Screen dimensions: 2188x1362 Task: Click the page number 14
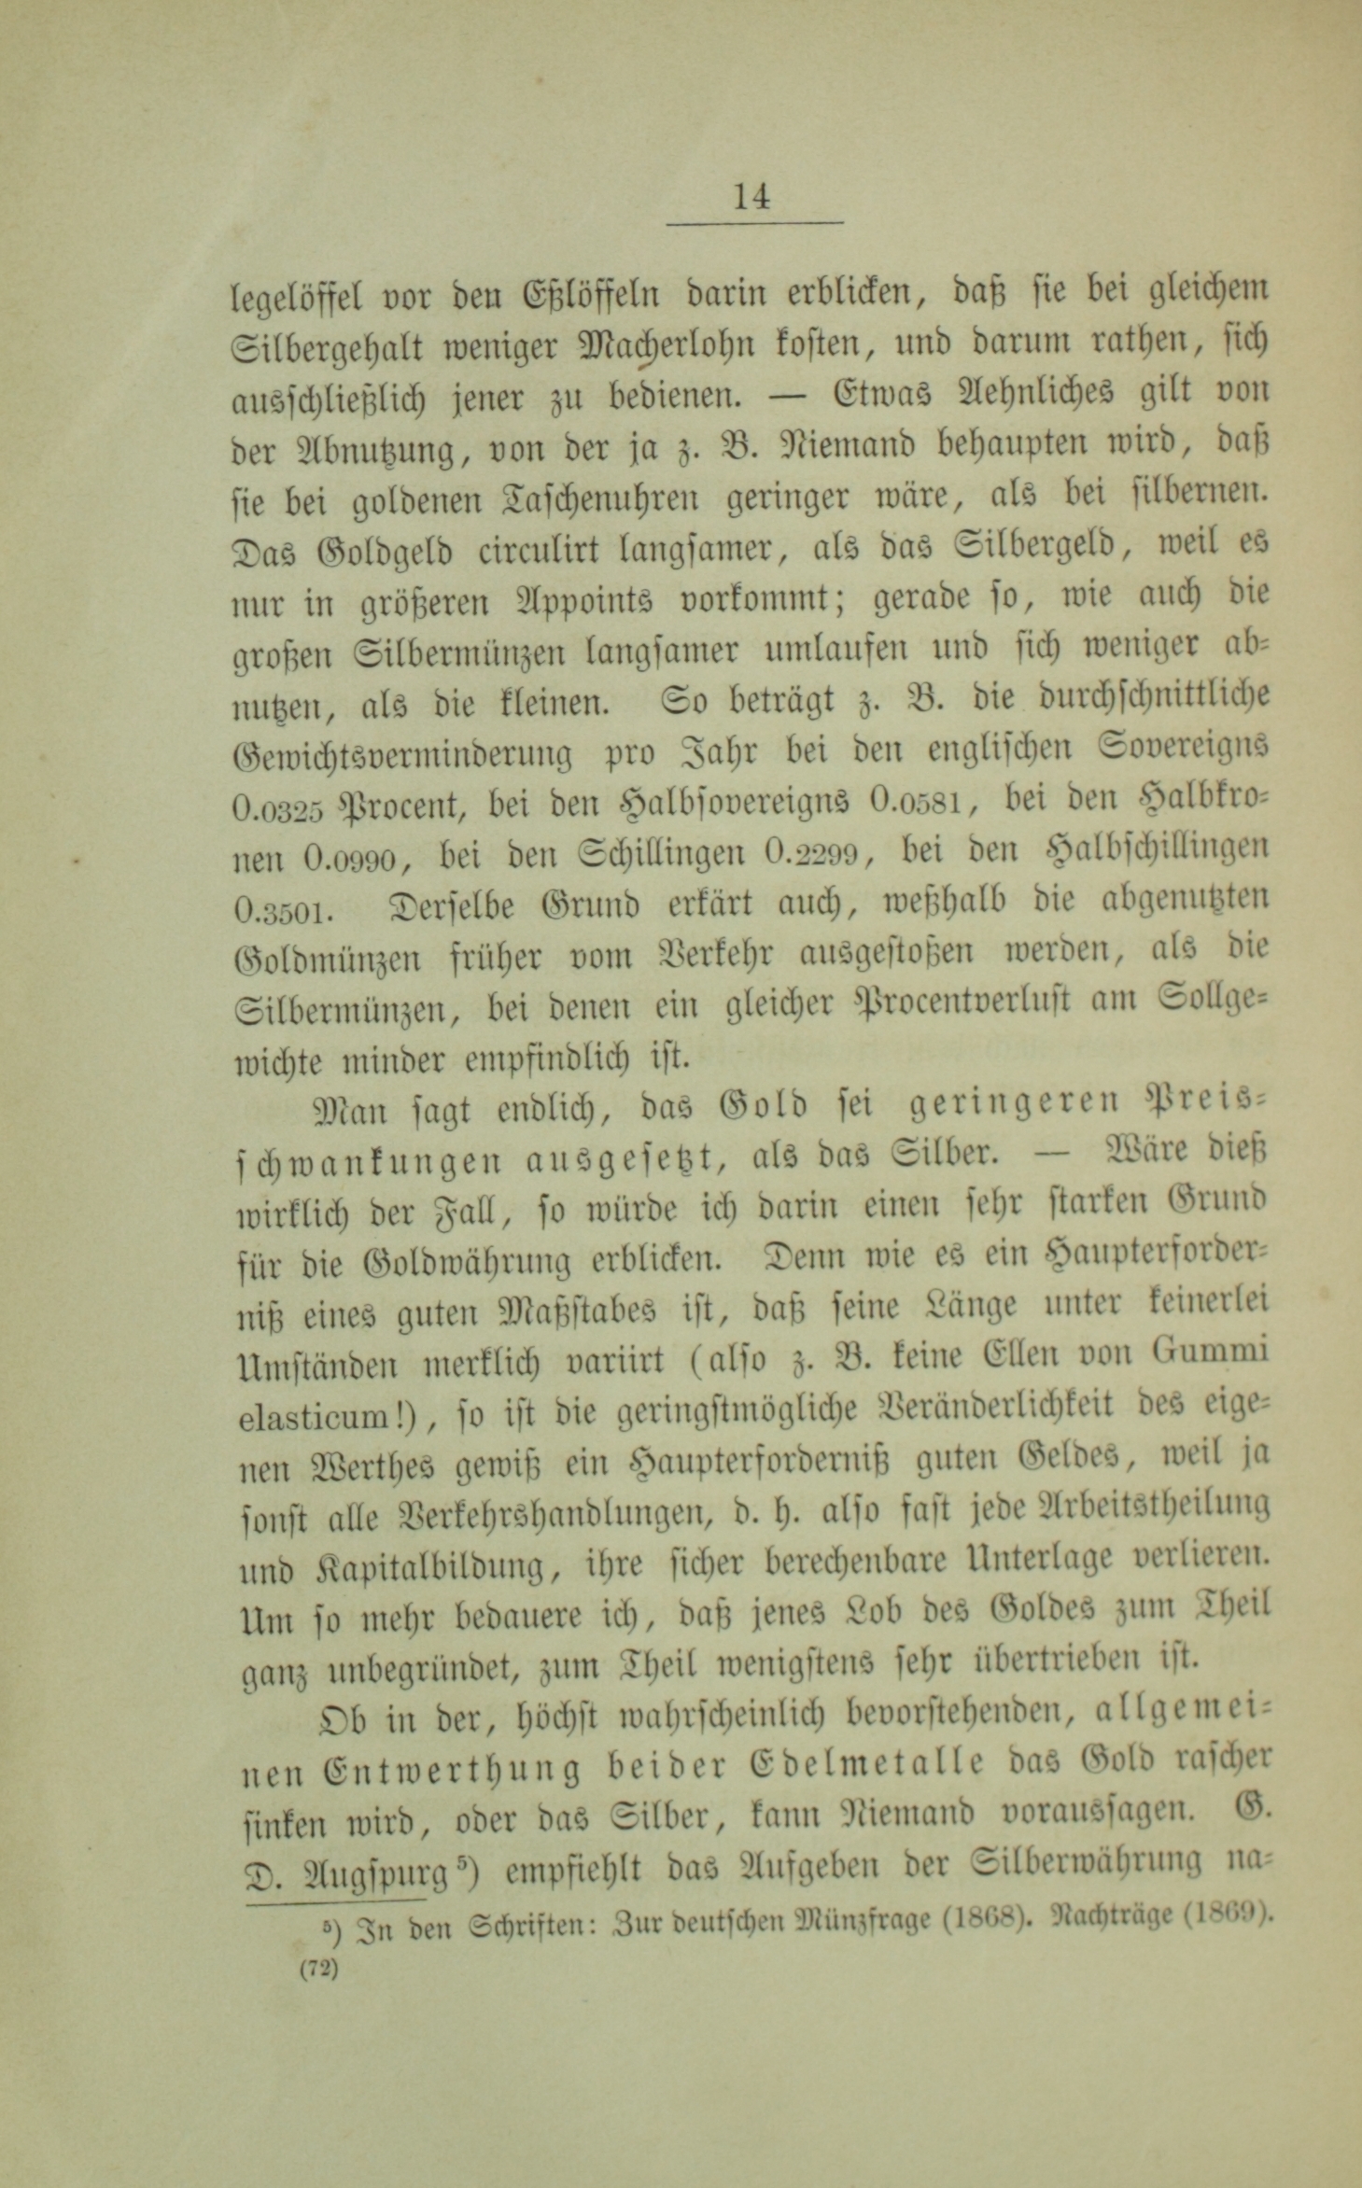pyautogui.click(x=752, y=197)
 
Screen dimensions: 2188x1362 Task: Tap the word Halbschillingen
pyautogui.click(x=1158, y=850)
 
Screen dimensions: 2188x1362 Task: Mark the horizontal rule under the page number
pyautogui.click(x=754, y=223)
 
